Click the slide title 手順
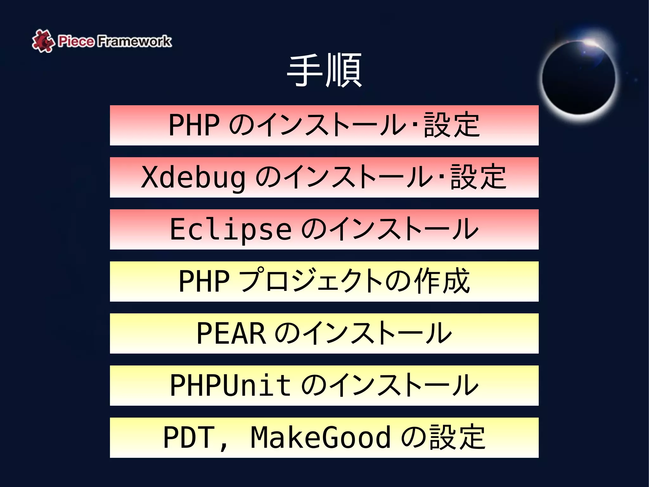point(324,70)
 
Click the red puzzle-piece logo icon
point(42,41)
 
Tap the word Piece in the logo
point(76,41)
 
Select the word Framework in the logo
point(134,41)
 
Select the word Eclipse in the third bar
point(230,229)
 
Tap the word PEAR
point(231,333)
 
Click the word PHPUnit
point(230,385)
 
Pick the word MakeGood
point(320,438)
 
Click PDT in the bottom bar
point(189,438)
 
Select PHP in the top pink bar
point(194,125)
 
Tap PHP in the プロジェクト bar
point(204,281)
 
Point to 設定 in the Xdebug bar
point(478,177)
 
